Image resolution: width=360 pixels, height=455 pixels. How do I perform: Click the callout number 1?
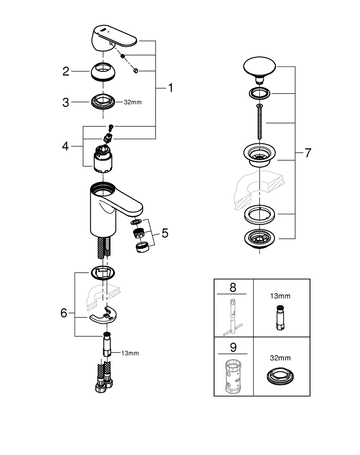[170, 88]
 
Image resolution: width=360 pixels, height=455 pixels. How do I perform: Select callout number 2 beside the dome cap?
[66, 71]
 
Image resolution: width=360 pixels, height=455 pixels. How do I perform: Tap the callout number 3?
[66, 102]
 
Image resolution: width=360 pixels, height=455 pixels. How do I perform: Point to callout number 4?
[66, 147]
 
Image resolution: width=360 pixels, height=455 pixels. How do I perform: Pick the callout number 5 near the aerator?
[165, 233]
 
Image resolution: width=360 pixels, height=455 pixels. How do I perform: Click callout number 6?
[64, 313]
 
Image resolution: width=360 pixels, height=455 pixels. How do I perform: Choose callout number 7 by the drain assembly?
[308, 153]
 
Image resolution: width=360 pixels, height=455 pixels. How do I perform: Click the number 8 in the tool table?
[233, 288]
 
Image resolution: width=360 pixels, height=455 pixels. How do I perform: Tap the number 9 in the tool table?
[233, 348]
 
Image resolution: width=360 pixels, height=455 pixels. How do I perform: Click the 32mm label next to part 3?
[133, 102]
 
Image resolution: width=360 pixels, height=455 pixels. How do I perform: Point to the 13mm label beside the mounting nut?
[130, 353]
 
